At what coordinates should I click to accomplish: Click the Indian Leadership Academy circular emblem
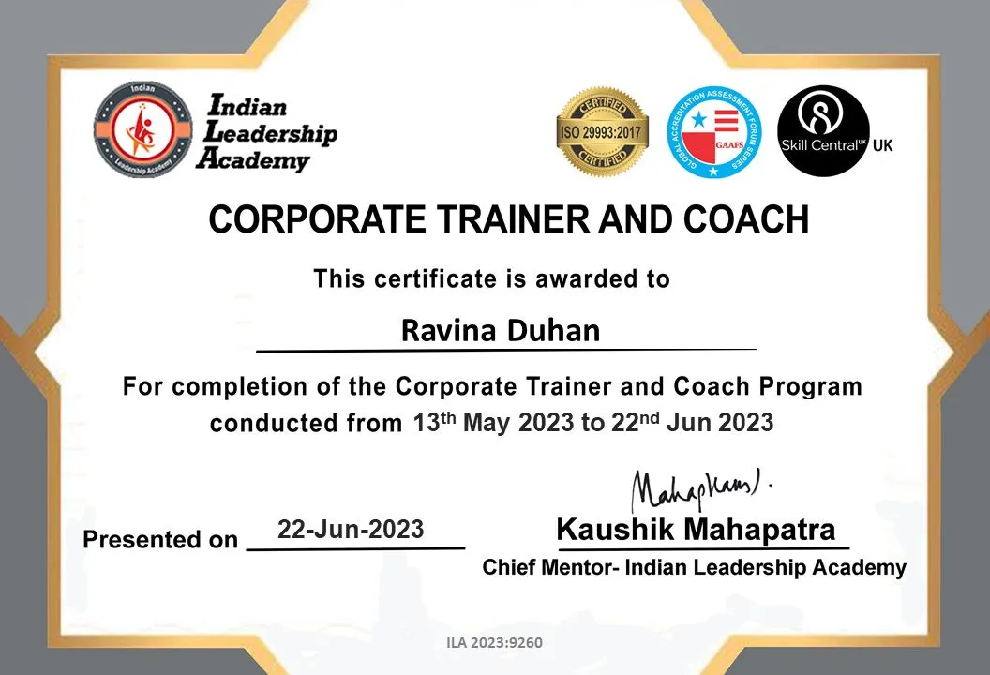(142, 129)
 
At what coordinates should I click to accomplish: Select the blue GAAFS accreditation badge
(712, 132)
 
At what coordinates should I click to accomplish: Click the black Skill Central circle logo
(822, 130)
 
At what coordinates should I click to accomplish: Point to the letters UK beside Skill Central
(882, 145)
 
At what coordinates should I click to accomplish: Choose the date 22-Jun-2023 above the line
(351, 530)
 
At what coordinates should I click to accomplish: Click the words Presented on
(160, 540)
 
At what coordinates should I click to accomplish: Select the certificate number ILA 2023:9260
(495, 643)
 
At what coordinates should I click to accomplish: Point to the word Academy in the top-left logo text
(252, 160)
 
